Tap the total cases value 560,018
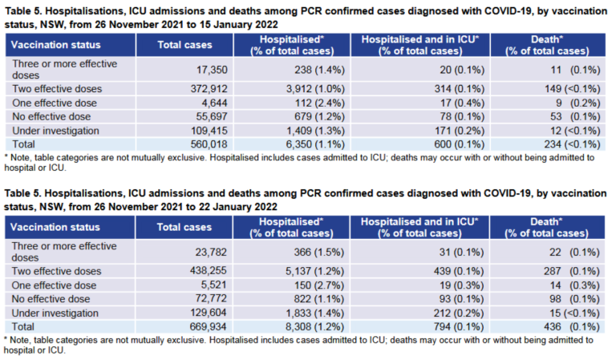point(209,144)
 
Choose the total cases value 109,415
point(209,130)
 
